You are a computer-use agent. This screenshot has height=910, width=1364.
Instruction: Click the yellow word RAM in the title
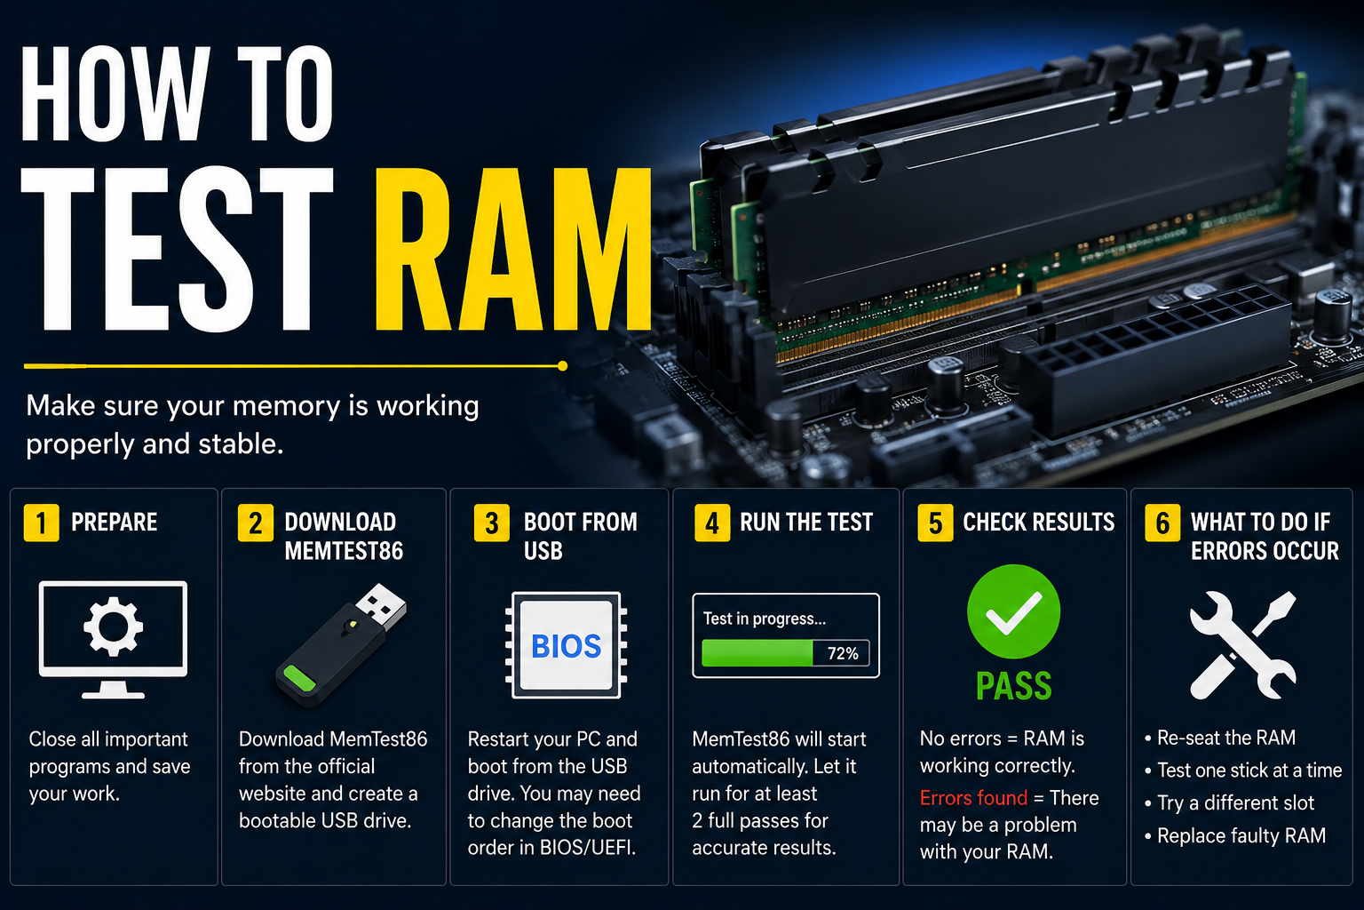click(x=512, y=249)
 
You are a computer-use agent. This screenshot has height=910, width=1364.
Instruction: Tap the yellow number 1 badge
click(x=42, y=523)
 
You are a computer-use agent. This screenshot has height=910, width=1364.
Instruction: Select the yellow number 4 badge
click(x=712, y=523)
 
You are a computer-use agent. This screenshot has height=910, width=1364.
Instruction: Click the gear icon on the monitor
click(x=114, y=627)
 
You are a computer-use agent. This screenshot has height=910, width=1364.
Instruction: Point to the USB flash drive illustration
click(x=341, y=645)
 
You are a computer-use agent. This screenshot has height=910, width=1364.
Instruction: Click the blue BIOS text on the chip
click(x=567, y=646)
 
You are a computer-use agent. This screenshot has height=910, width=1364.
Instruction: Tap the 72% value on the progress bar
click(x=843, y=653)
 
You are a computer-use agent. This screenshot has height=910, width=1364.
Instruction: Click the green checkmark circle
click(x=1014, y=611)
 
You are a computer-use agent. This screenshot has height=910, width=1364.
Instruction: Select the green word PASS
click(x=1014, y=686)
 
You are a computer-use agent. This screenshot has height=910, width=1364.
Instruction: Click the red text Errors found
click(x=973, y=798)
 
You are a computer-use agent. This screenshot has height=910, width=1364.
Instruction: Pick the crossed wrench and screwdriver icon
click(x=1243, y=645)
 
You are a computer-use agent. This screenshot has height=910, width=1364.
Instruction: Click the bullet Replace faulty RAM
click(x=1235, y=835)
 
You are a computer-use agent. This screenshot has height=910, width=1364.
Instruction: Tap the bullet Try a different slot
click(x=1229, y=803)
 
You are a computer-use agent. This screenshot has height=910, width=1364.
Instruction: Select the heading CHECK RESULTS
click(x=1039, y=523)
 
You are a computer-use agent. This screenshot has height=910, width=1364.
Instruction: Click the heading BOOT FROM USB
click(x=580, y=537)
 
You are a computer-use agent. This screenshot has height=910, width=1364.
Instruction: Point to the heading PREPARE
click(x=114, y=523)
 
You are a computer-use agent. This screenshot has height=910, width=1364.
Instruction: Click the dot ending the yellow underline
click(x=563, y=366)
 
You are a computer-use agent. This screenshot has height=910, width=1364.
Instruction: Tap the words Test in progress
click(x=765, y=619)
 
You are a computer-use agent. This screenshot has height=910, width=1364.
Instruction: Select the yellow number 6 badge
click(x=1162, y=523)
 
